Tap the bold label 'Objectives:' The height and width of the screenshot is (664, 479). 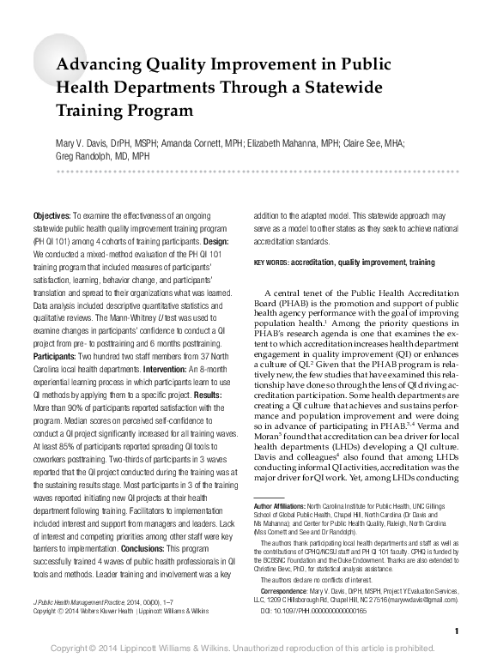pyautogui.click(x=52, y=213)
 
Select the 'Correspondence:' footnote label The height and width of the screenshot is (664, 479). pyautogui.click(x=283, y=590)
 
